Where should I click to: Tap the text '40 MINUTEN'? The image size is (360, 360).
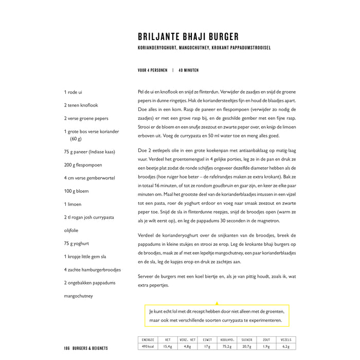[188, 70]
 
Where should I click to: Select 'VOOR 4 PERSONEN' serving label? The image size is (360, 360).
[153, 70]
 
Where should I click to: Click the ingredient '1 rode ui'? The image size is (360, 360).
[73, 92]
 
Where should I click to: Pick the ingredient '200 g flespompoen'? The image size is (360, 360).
[83, 165]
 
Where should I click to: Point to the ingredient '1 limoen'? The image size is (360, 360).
[74, 204]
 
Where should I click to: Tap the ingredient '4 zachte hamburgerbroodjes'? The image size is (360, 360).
[93, 269]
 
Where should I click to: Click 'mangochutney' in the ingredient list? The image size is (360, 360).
[79, 296]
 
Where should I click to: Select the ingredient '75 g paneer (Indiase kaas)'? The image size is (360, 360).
[89, 152]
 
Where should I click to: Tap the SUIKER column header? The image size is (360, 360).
[247, 340]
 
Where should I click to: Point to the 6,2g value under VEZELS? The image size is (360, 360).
[286, 346]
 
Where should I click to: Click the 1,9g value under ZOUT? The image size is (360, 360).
[266, 346]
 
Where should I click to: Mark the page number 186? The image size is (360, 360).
[67, 348]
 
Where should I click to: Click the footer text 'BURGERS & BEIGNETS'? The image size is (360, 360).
[91, 348]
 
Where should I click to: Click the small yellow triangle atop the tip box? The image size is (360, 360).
[217, 303]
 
